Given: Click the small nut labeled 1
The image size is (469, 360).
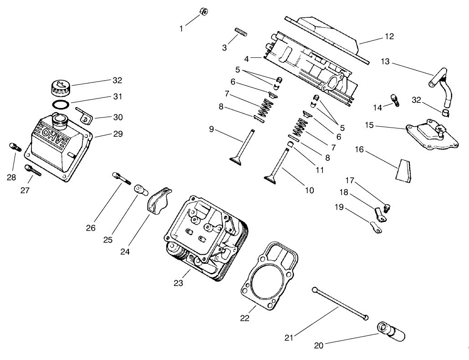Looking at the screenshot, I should (204, 11).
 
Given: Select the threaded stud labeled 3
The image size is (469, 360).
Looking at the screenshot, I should (240, 32).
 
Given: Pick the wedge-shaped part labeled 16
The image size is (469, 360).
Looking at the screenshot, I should (403, 170).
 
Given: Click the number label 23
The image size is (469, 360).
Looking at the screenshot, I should (178, 283).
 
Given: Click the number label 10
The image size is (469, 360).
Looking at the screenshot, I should (309, 190).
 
